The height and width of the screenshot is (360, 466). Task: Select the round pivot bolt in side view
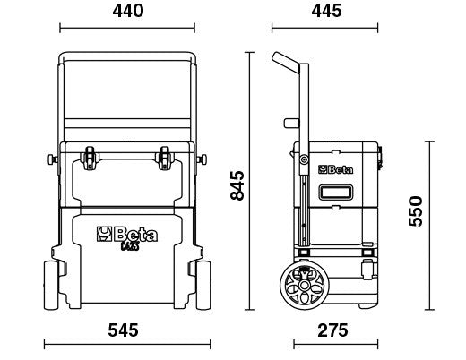[303, 162]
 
